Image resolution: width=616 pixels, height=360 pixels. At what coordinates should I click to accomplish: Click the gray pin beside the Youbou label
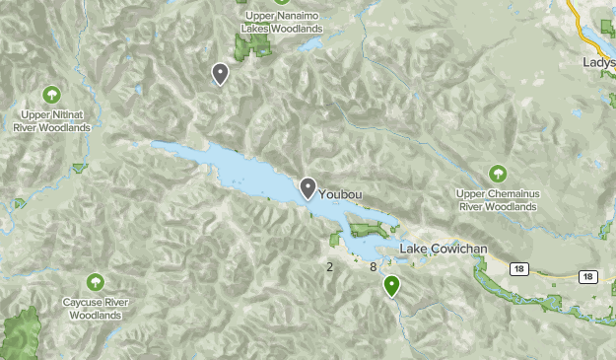tap(308, 187)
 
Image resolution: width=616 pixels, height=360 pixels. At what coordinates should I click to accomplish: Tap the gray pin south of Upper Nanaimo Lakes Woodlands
tap(220, 73)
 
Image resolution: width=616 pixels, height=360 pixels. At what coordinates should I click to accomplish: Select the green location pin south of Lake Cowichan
tap(392, 286)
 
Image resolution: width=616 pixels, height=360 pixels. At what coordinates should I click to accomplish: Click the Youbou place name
tap(340, 195)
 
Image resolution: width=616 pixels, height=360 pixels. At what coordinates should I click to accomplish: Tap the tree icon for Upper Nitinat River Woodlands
tap(50, 96)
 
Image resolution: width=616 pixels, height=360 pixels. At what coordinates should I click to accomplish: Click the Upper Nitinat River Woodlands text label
tap(51, 120)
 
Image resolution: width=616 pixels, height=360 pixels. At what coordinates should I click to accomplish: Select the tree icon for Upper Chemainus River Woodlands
tap(497, 174)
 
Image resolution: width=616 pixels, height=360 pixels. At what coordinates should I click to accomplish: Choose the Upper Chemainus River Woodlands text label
tap(497, 200)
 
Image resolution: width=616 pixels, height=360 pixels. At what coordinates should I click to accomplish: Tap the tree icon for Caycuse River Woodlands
tap(95, 282)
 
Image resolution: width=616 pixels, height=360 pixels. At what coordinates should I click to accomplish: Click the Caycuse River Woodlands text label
tap(95, 309)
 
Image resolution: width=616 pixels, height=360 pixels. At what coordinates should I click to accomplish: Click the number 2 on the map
tap(329, 267)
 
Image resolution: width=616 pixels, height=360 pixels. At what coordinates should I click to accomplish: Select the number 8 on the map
tap(374, 267)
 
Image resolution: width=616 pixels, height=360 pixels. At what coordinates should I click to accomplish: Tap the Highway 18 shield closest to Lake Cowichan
tap(517, 268)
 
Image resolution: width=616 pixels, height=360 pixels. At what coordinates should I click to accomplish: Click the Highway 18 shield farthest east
tap(587, 277)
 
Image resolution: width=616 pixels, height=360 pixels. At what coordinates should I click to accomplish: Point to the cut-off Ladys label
tap(598, 61)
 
